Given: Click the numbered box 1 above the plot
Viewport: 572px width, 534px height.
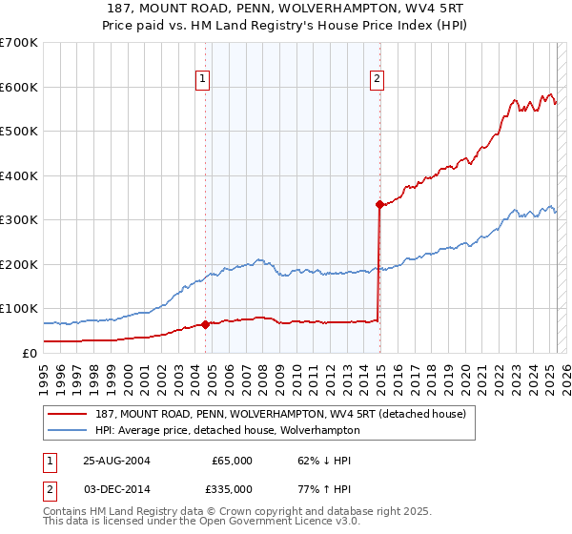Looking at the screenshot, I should point(204,80).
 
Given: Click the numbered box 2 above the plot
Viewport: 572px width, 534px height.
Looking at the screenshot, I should point(378,80).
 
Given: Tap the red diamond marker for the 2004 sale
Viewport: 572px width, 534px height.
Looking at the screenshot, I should point(205,324).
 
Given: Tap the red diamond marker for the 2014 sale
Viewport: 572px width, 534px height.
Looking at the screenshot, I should point(378,204).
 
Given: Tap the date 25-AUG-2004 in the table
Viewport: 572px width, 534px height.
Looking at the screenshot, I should point(116,461).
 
